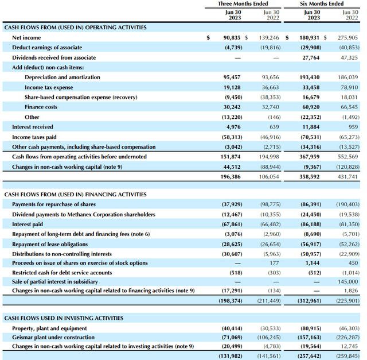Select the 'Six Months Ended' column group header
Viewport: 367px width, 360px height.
point(322,4)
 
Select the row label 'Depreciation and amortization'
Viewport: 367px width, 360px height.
point(62,77)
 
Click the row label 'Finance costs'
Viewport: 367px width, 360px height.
point(41,107)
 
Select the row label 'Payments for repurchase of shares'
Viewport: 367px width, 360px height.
point(54,204)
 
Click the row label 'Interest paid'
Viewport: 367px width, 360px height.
point(28,224)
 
